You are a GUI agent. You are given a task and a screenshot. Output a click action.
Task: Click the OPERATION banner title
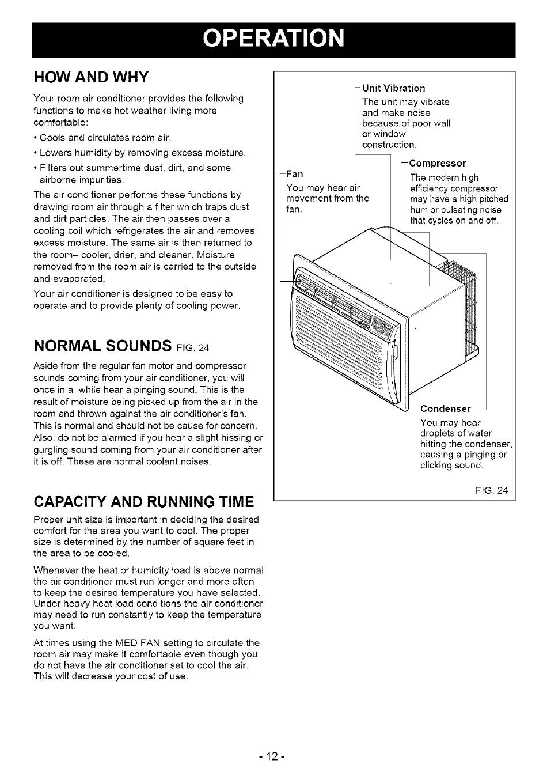point(273,39)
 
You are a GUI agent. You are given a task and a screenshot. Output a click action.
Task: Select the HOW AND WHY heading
point(91,77)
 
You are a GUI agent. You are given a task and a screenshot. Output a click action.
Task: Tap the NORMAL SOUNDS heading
point(102,346)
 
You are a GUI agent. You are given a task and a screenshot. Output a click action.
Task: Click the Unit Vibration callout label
point(393,88)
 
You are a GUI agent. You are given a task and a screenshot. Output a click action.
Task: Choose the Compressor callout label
point(437,164)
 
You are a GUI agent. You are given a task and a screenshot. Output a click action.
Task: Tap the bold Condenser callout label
point(445,408)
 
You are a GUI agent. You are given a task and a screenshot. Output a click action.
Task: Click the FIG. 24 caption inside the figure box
point(492,491)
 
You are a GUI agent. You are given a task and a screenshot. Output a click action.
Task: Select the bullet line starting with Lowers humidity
point(142,153)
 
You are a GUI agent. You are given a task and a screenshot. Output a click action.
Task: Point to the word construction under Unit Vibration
point(389,145)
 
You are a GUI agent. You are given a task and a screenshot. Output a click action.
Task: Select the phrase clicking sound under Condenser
point(451,465)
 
